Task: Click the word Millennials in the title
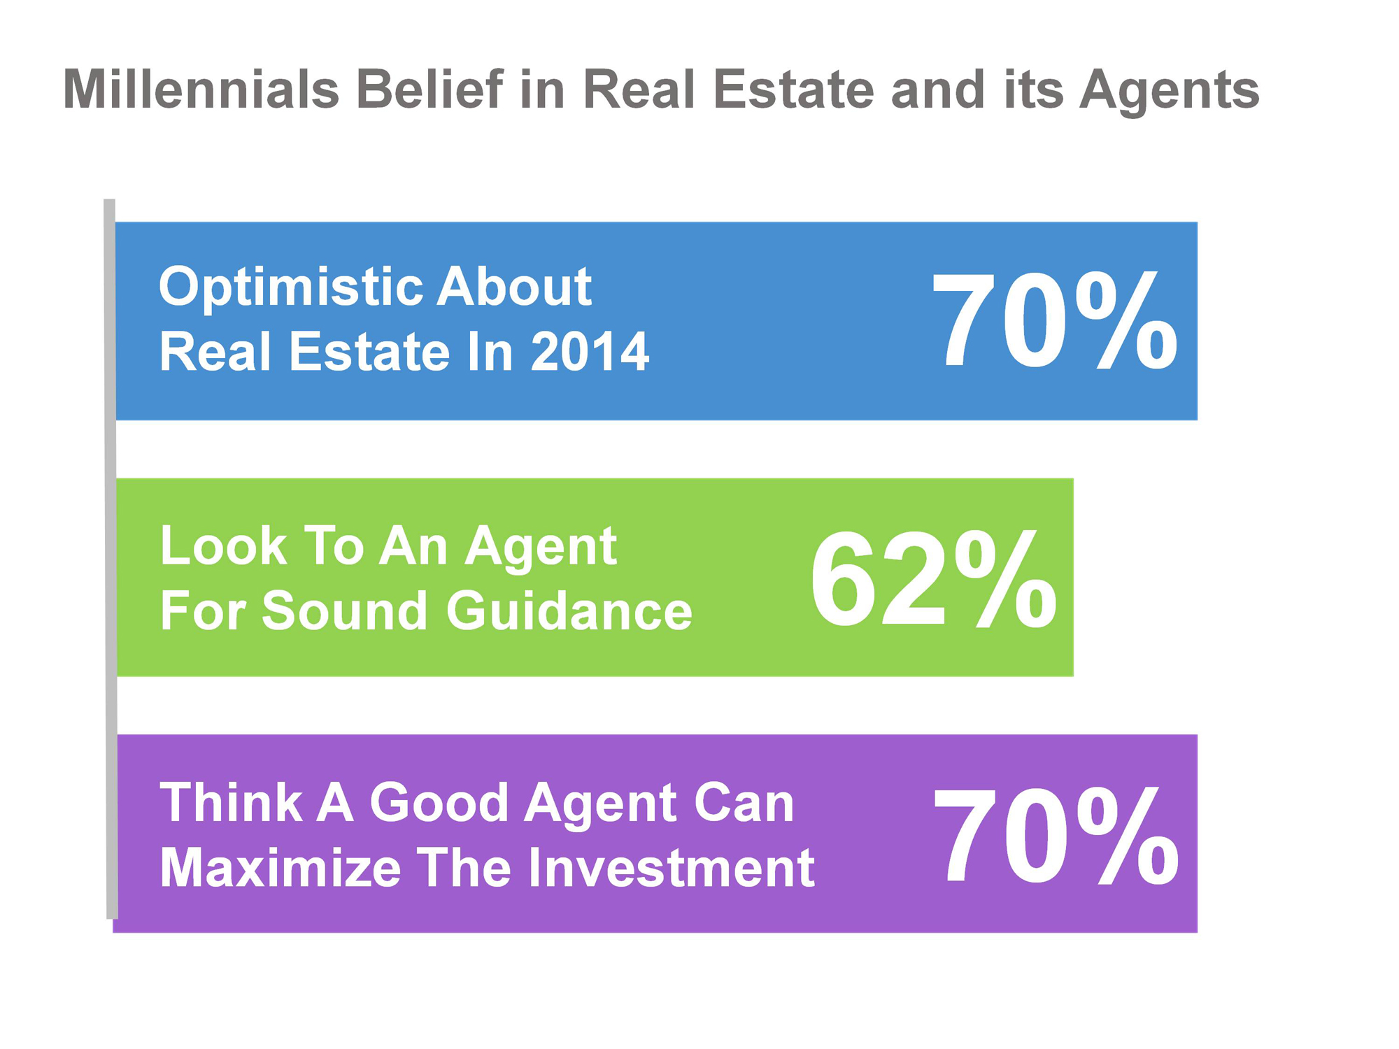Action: tap(201, 90)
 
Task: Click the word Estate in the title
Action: tap(794, 90)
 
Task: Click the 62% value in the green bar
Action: tap(933, 579)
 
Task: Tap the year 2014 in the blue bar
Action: tap(590, 351)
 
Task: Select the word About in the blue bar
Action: tap(515, 286)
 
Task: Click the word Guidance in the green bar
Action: tap(569, 611)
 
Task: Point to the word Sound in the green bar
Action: tap(345, 611)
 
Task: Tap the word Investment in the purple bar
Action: tap(671, 868)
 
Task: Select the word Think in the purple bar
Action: tap(232, 803)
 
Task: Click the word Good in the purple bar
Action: tap(439, 803)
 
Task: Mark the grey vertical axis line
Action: tap(111, 558)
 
